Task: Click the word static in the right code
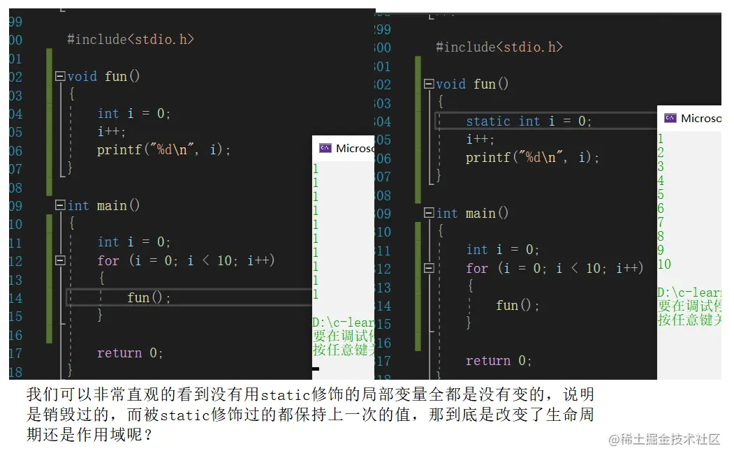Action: (488, 121)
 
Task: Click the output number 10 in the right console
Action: (664, 265)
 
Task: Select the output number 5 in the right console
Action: (661, 195)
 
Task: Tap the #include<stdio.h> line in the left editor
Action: (130, 40)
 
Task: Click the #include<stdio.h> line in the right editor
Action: (499, 47)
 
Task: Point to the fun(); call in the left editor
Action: (149, 298)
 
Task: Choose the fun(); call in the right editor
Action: (518, 306)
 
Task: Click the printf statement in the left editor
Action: (163, 150)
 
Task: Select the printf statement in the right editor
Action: (532, 158)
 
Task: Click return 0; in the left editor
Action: (130, 353)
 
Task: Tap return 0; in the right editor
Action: (499, 361)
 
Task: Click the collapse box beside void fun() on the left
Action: (60, 77)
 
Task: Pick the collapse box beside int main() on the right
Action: (429, 214)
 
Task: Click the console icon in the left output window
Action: (325, 148)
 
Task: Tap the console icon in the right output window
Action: (670, 118)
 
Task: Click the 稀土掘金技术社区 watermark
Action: (664, 440)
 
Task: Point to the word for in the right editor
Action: (477, 269)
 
